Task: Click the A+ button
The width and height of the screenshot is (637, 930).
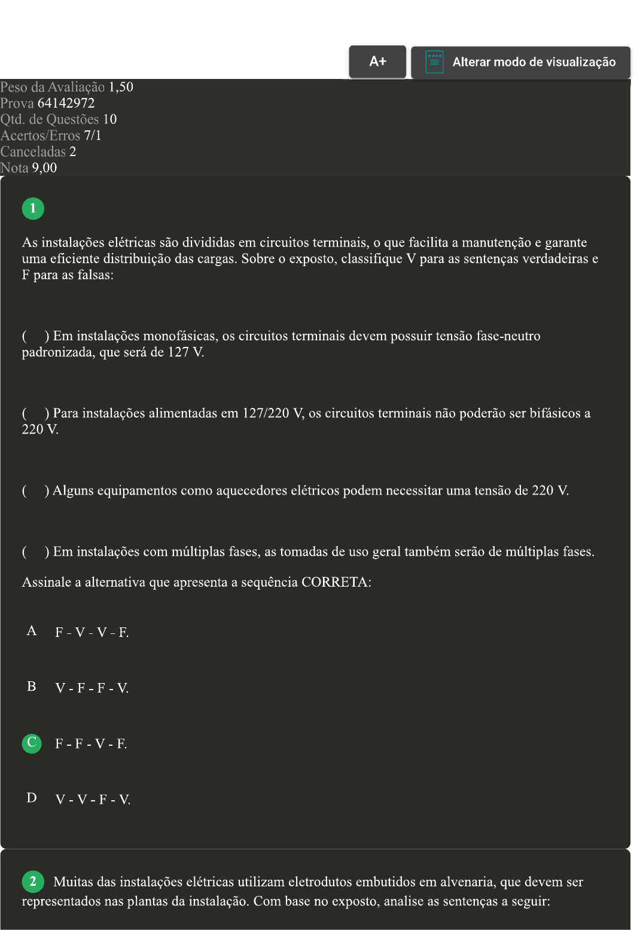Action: [377, 62]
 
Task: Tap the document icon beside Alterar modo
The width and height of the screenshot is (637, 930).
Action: [434, 62]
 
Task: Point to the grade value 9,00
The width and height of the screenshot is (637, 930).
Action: [44, 168]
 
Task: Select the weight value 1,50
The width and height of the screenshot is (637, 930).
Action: [121, 87]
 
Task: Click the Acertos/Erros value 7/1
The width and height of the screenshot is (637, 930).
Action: [93, 136]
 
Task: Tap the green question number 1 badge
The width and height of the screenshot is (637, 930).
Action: [33, 208]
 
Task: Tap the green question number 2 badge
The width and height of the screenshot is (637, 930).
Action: [33, 881]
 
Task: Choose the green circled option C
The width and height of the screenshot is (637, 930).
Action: [32, 743]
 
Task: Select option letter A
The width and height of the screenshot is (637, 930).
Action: [32, 631]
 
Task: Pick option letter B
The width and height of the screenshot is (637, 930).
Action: [32, 687]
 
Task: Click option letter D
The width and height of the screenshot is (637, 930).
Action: [32, 798]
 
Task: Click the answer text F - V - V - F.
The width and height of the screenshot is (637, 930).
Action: [92, 633]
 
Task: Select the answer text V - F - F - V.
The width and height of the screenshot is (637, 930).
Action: [92, 688]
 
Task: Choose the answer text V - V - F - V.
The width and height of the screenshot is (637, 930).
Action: [93, 800]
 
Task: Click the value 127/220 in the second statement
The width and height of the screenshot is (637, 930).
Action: [268, 413]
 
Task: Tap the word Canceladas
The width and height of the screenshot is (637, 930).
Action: [33, 152]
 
